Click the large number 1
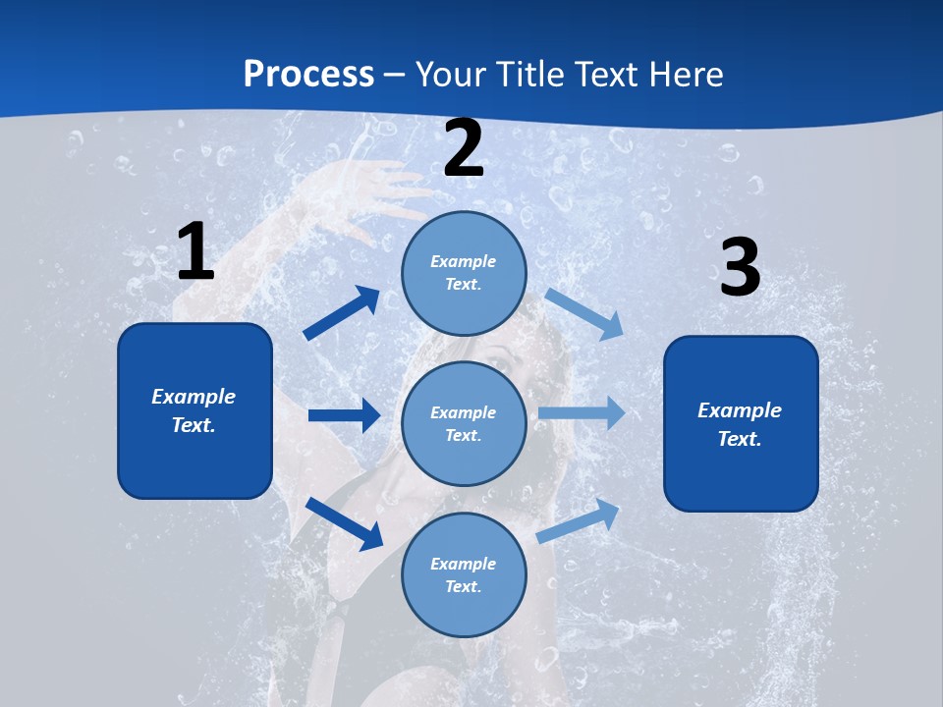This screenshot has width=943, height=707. click(195, 251)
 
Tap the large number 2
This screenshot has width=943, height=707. click(464, 148)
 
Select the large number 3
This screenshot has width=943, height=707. click(740, 267)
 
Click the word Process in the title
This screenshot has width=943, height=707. click(308, 74)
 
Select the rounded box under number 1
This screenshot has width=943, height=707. click(194, 410)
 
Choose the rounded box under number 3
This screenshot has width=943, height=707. click(741, 423)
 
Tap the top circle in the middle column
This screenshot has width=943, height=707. click(464, 273)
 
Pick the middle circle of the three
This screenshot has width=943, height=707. click(464, 423)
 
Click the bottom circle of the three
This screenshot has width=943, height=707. click(464, 574)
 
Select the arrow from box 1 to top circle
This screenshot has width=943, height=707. click(342, 312)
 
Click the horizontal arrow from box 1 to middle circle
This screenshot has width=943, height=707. click(344, 415)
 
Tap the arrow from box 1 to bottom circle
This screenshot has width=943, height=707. click(344, 523)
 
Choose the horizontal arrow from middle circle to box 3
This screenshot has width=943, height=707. click(581, 412)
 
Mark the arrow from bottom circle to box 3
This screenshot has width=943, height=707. click(579, 520)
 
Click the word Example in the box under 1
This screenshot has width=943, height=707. click(194, 397)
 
